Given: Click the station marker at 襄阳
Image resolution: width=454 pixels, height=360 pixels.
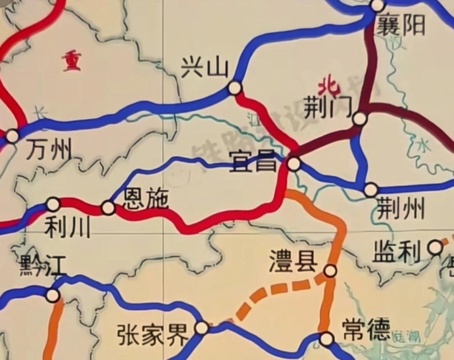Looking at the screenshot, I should (x=377, y=5).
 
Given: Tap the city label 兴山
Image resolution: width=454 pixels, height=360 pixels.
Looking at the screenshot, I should (x=204, y=68).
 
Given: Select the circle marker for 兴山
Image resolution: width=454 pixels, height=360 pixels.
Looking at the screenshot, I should (x=235, y=88).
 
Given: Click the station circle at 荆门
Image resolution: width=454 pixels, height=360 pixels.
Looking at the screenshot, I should (x=359, y=119).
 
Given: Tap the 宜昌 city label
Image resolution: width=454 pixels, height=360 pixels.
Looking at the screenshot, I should (x=253, y=162).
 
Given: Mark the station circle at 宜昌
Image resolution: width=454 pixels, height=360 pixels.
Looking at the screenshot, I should (x=294, y=164).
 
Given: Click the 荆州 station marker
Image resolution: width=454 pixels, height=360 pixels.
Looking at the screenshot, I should (x=370, y=190).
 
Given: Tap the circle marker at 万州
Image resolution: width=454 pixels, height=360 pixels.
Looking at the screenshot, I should (x=12, y=136).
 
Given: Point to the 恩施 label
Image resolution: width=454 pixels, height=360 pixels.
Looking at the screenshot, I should (x=145, y=199).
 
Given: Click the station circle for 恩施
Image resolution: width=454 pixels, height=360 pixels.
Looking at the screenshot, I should (x=108, y=208).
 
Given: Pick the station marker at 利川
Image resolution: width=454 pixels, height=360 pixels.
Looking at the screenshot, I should (x=53, y=204).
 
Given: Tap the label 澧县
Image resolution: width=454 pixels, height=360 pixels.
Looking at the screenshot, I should (x=294, y=262).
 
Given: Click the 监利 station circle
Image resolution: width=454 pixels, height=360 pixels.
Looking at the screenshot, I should (x=435, y=248).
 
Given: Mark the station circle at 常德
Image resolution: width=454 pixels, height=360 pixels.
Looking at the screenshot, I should (x=326, y=339).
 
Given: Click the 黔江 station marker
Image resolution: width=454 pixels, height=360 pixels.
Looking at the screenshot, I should (x=53, y=295).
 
